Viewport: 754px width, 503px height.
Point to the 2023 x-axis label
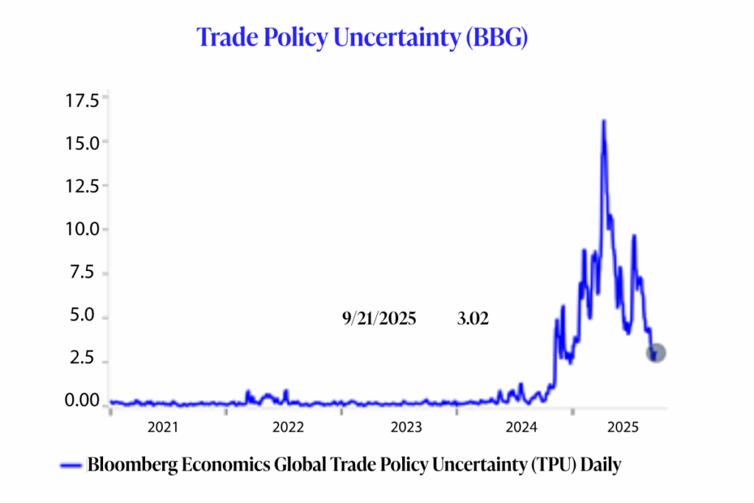pos(406,427)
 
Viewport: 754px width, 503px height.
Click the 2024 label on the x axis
pos(524,427)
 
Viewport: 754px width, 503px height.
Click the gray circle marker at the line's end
pos(656,353)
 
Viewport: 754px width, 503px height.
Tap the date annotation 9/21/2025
pos(379,320)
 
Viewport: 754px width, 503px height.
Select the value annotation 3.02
pos(471,320)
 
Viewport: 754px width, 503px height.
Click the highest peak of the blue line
pos(604,121)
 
